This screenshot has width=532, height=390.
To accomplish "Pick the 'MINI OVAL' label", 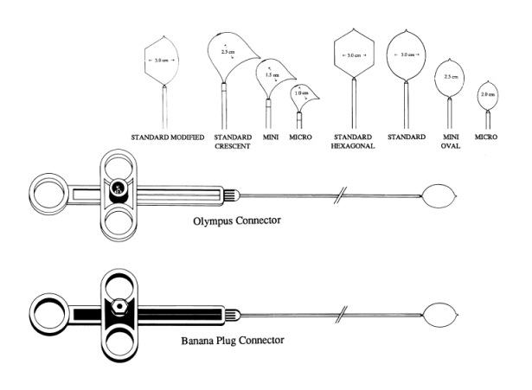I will tap(448, 142).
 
